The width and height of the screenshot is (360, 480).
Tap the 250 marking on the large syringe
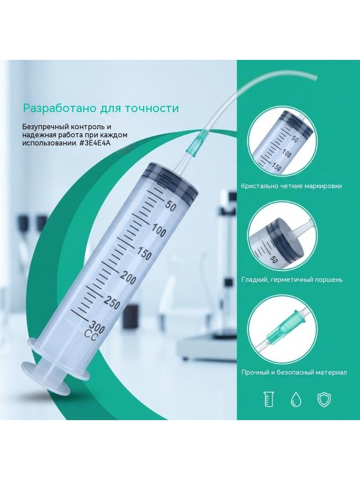tap(112, 303)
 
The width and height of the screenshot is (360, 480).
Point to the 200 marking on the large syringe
tap(128, 277)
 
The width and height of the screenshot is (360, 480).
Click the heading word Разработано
tap(59, 109)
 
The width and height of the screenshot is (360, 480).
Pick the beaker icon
tap(269, 399)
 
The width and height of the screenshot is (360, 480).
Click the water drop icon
tap(296, 399)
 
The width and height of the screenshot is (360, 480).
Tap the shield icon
tap(324, 399)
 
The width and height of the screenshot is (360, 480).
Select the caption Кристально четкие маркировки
tap(292, 186)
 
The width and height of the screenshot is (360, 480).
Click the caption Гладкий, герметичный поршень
tap(292, 280)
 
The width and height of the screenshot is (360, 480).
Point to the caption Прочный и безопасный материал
tap(294, 372)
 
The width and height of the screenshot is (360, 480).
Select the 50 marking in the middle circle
tap(274, 260)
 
